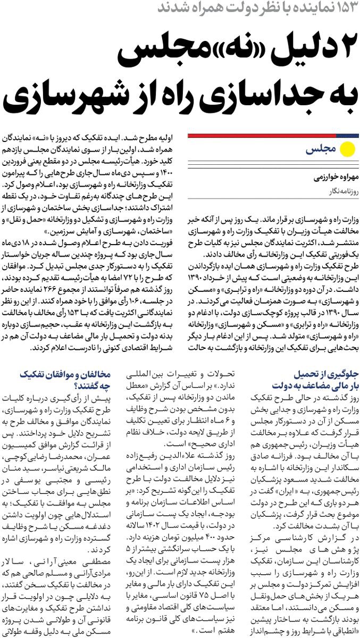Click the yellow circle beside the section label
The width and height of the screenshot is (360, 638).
tap(348, 150)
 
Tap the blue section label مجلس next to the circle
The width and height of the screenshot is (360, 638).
tap(321, 150)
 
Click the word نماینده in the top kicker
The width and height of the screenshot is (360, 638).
tap(303, 9)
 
